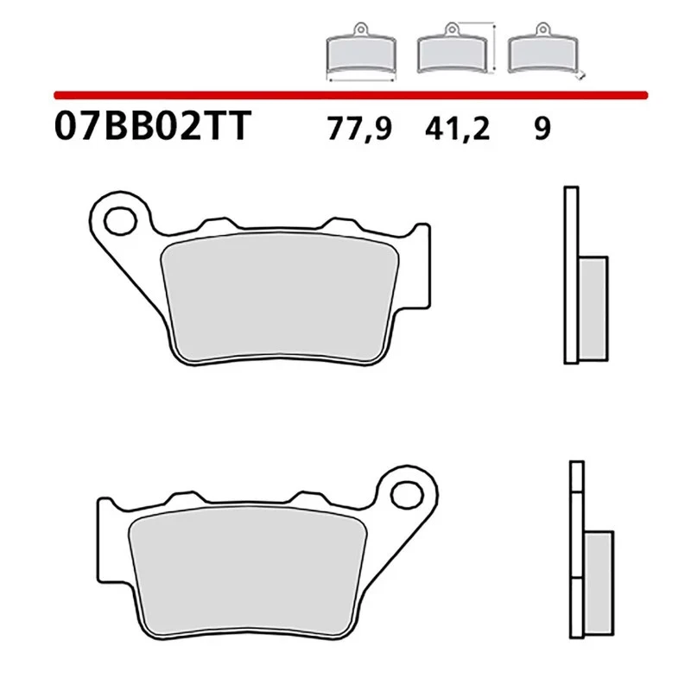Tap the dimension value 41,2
coord(457,130)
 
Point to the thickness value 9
coord(542,130)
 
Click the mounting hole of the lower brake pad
coord(403,495)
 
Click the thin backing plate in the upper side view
coord(570,275)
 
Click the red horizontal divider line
coord(345,92)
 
